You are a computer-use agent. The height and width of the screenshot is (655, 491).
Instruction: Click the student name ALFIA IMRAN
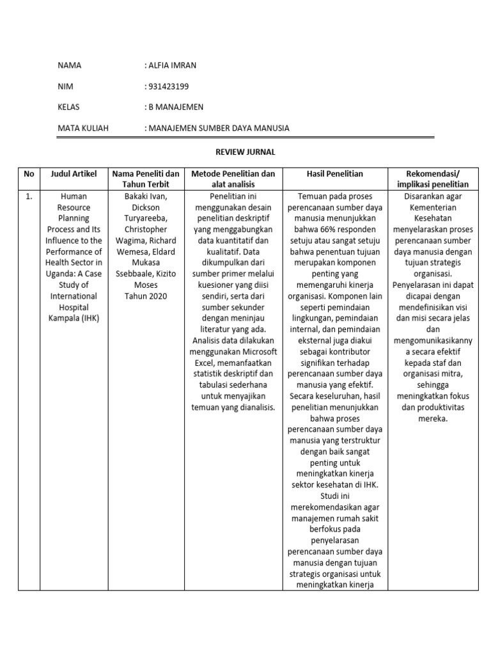[171, 65]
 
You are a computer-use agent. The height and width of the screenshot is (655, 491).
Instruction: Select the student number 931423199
[169, 86]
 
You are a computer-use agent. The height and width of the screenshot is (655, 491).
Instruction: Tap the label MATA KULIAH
[83, 128]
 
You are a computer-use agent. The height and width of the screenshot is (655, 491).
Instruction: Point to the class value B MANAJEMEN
[176, 107]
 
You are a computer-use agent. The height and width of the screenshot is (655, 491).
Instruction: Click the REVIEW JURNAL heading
[245, 152]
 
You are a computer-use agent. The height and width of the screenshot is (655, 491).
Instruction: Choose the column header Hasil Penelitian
[334, 173]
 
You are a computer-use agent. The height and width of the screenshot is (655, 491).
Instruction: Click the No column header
[29, 173]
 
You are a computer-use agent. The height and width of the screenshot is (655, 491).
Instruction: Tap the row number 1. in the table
[29, 196]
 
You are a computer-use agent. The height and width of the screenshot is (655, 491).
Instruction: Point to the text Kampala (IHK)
[74, 318]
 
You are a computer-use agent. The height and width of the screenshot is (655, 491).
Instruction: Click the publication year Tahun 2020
[144, 296]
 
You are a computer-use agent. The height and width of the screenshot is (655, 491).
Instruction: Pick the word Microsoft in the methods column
[258, 351]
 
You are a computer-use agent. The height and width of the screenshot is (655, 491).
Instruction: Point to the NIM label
[65, 86]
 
